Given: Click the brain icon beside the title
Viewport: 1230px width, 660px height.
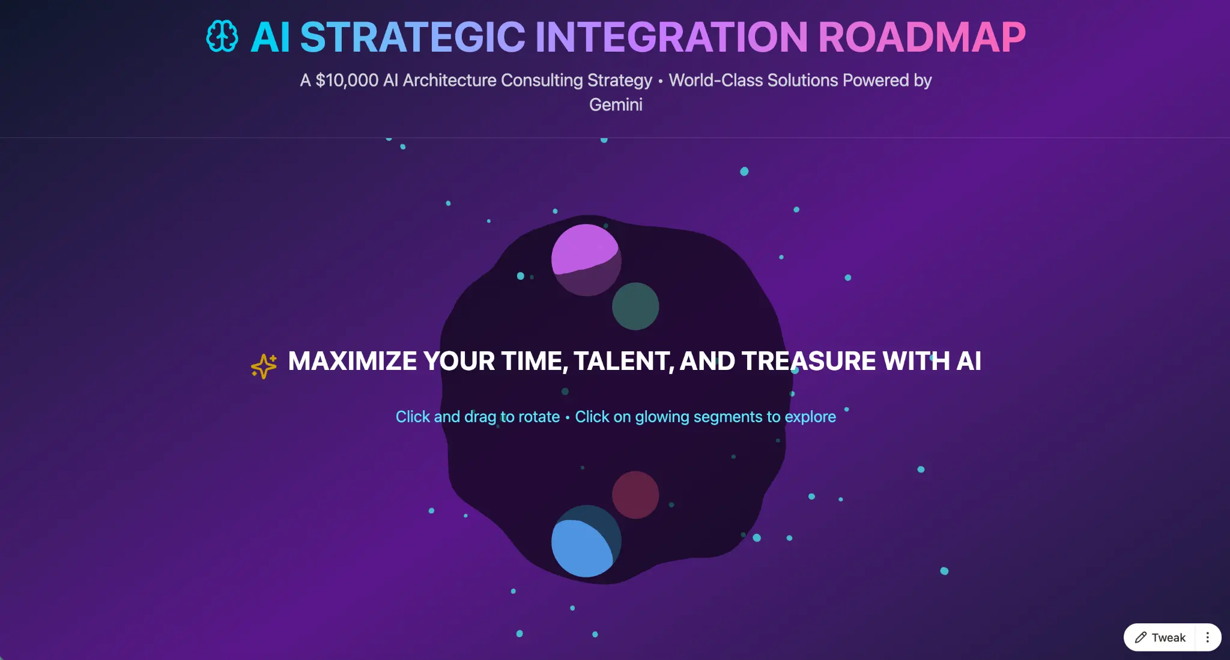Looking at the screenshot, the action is click(x=222, y=37).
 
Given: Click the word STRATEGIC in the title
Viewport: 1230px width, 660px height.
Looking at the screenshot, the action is click(x=413, y=37).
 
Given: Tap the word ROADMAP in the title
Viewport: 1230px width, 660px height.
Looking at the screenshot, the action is click(x=922, y=37).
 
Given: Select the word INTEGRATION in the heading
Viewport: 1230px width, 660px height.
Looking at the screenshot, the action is click(x=671, y=37).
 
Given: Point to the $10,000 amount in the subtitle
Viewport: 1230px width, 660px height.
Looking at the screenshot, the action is click(x=347, y=80).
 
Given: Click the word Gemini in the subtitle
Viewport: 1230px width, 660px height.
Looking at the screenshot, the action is click(x=616, y=104).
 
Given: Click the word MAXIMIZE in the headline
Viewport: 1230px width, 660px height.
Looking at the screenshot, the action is click(x=353, y=361).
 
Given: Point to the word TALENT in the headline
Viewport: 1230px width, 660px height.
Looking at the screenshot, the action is click(x=623, y=362).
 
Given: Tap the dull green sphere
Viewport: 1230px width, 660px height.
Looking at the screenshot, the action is click(x=635, y=306).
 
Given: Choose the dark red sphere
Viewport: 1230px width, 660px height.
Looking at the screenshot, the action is click(x=635, y=495).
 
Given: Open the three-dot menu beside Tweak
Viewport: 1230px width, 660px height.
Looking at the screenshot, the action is click(x=1208, y=637).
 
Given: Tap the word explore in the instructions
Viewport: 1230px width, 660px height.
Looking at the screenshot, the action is click(x=810, y=417).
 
